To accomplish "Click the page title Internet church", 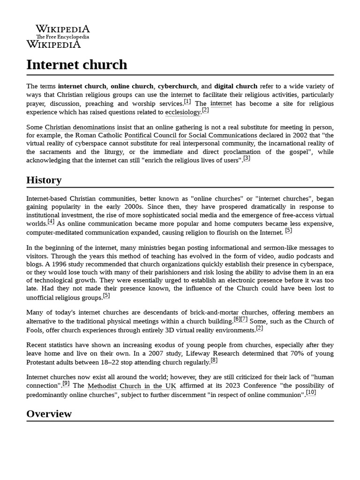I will point(76,64).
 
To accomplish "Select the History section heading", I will point(44,180).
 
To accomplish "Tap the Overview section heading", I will point(49,413).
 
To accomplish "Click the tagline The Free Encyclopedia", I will point(63,37).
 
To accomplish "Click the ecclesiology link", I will point(183,112).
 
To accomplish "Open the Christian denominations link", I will point(80,127).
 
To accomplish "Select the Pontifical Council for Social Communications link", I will point(190,135).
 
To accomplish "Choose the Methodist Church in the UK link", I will point(132,386).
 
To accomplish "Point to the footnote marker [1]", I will point(187,102).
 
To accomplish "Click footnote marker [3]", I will point(247,158).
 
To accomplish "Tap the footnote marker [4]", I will point(51,222).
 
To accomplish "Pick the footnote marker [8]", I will point(214,360).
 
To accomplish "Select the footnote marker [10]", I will point(311,392).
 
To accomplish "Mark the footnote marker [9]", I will point(66,383).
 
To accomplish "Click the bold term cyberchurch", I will point(178,86).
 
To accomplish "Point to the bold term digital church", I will point(236,86).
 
